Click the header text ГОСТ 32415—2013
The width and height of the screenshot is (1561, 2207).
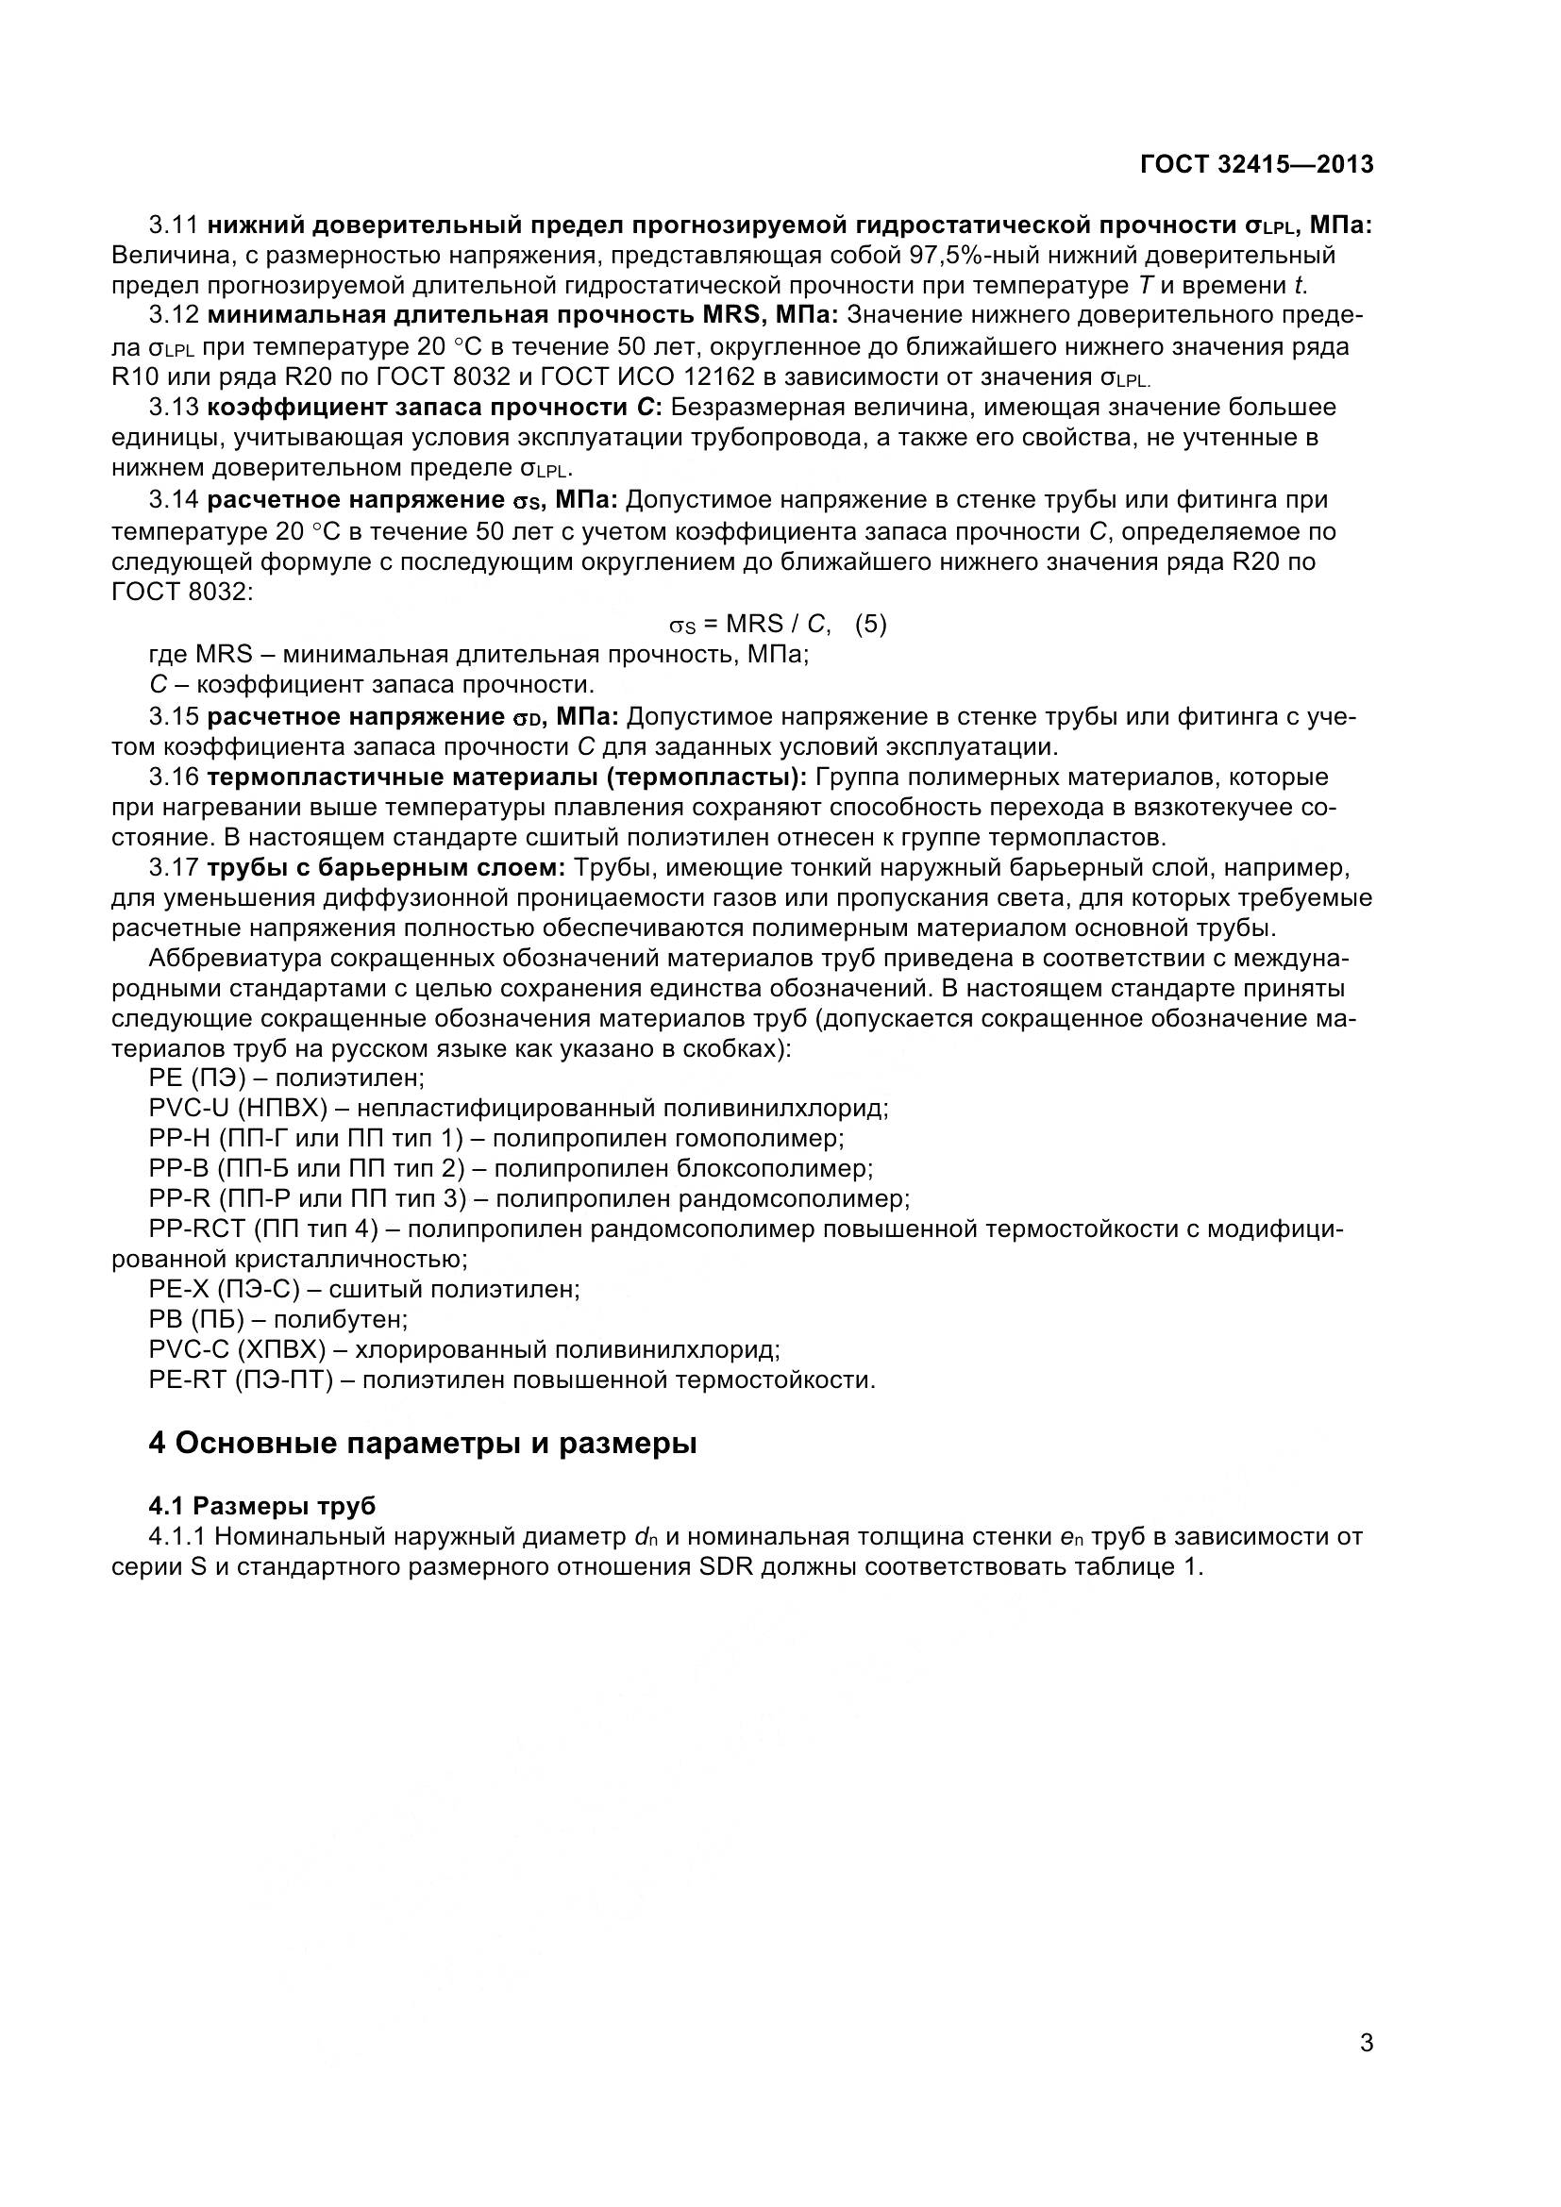(1256, 164)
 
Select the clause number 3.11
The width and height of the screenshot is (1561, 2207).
(173, 225)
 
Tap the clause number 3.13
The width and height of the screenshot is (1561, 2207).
(173, 408)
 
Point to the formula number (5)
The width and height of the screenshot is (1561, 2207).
(871, 625)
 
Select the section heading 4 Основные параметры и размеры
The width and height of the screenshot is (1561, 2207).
(422, 1444)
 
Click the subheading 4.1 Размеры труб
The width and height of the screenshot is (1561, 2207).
(261, 1506)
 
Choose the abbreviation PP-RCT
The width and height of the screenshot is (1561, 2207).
(198, 1229)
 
